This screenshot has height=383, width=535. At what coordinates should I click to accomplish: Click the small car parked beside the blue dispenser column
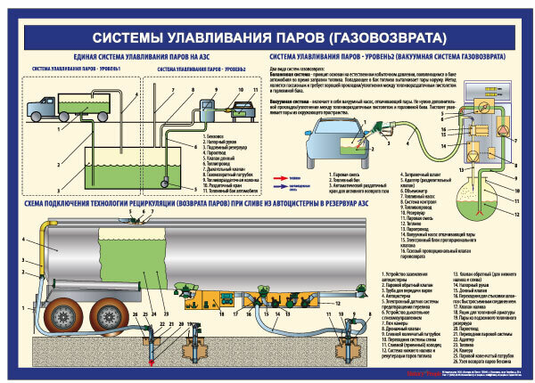(240, 111)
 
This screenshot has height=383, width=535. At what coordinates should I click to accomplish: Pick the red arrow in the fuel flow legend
(265, 176)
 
